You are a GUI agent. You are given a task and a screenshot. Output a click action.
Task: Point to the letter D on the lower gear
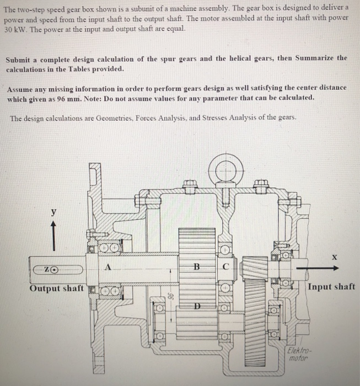[x=196, y=306]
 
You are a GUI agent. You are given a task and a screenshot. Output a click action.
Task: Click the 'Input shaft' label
[x=331, y=286]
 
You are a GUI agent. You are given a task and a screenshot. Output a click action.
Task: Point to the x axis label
[x=334, y=257]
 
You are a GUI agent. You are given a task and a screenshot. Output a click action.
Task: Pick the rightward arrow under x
[x=316, y=269]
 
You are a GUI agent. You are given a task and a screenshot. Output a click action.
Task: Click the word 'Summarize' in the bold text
[x=315, y=58]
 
